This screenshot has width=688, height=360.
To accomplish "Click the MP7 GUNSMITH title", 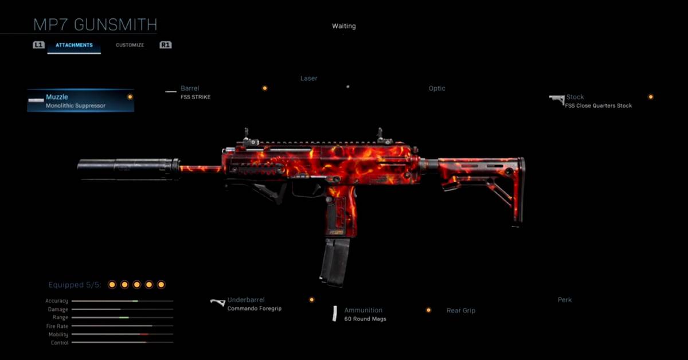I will pos(95,25).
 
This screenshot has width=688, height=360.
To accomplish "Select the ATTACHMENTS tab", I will pos(74,45).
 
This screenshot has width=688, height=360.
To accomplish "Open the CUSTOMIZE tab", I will pos(130,45).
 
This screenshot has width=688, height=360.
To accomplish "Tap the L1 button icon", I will pos(38,45).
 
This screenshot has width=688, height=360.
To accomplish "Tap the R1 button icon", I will pos(165,45).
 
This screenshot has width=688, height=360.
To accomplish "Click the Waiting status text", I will pos(343,26).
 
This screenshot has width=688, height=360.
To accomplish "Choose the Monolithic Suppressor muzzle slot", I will pos(80,101).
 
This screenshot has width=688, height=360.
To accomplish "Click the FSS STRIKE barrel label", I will pos(196,97).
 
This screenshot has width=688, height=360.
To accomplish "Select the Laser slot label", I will pos(308,78).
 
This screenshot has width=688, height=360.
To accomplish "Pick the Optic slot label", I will pos(437,88).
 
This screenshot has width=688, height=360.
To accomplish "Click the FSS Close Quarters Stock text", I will pos(599,105).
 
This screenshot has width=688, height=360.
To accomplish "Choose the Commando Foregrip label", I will pos(255,308).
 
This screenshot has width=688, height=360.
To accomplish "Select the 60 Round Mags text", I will pos(365,319).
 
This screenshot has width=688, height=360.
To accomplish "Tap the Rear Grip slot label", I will pos(461,310).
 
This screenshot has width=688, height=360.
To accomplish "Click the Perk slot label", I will pos(565,300).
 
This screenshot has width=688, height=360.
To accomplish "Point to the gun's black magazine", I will pos(335,261).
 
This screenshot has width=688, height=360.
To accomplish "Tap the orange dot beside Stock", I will pos(651,97).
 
